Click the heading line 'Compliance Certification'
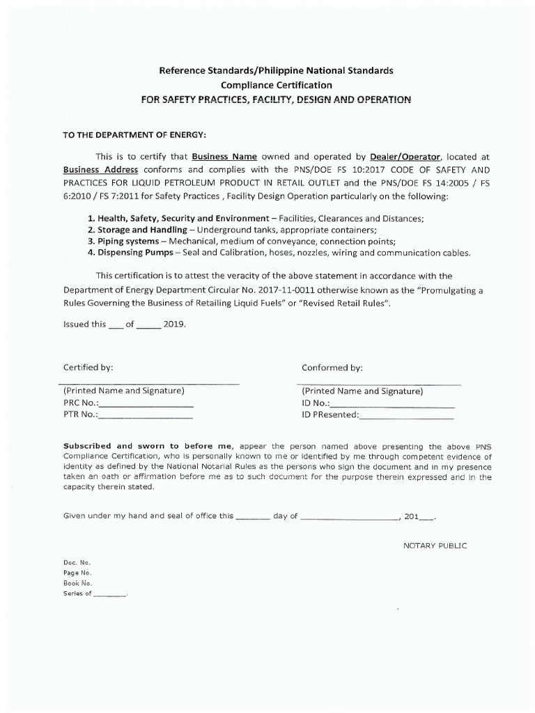coord(277,85)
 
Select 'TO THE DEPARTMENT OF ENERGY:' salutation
coord(135,134)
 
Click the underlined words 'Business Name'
coord(224,157)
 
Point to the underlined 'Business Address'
coord(100,170)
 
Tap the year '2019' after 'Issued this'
coord(174,324)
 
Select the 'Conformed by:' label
coord(332,367)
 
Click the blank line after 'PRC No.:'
coord(147,405)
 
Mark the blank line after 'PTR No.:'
coord(146,416)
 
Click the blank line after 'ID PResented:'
coord(406,416)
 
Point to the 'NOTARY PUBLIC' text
coord(435,545)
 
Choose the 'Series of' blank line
coord(110,594)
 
